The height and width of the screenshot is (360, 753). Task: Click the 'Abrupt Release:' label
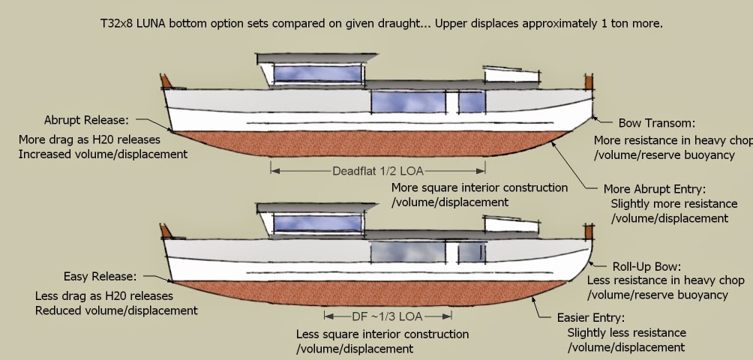pyautogui.click(x=86, y=120)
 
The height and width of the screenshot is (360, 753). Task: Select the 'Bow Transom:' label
pyautogui.click(x=656, y=123)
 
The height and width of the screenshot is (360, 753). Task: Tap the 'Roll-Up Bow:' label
pyautogui.click(x=646, y=266)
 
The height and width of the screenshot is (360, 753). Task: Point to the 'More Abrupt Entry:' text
pyautogui.click(x=655, y=189)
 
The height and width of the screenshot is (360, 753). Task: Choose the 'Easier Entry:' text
pyautogui.click(x=590, y=317)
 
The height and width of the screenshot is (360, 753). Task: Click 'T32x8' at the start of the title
pyautogui.click(x=116, y=23)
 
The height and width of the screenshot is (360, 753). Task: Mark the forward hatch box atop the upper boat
pyautogui.click(x=511, y=74)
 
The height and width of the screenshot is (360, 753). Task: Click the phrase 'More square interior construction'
pyautogui.click(x=480, y=187)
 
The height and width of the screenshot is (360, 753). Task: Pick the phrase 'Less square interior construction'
pyautogui.click(x=382, y=334)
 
